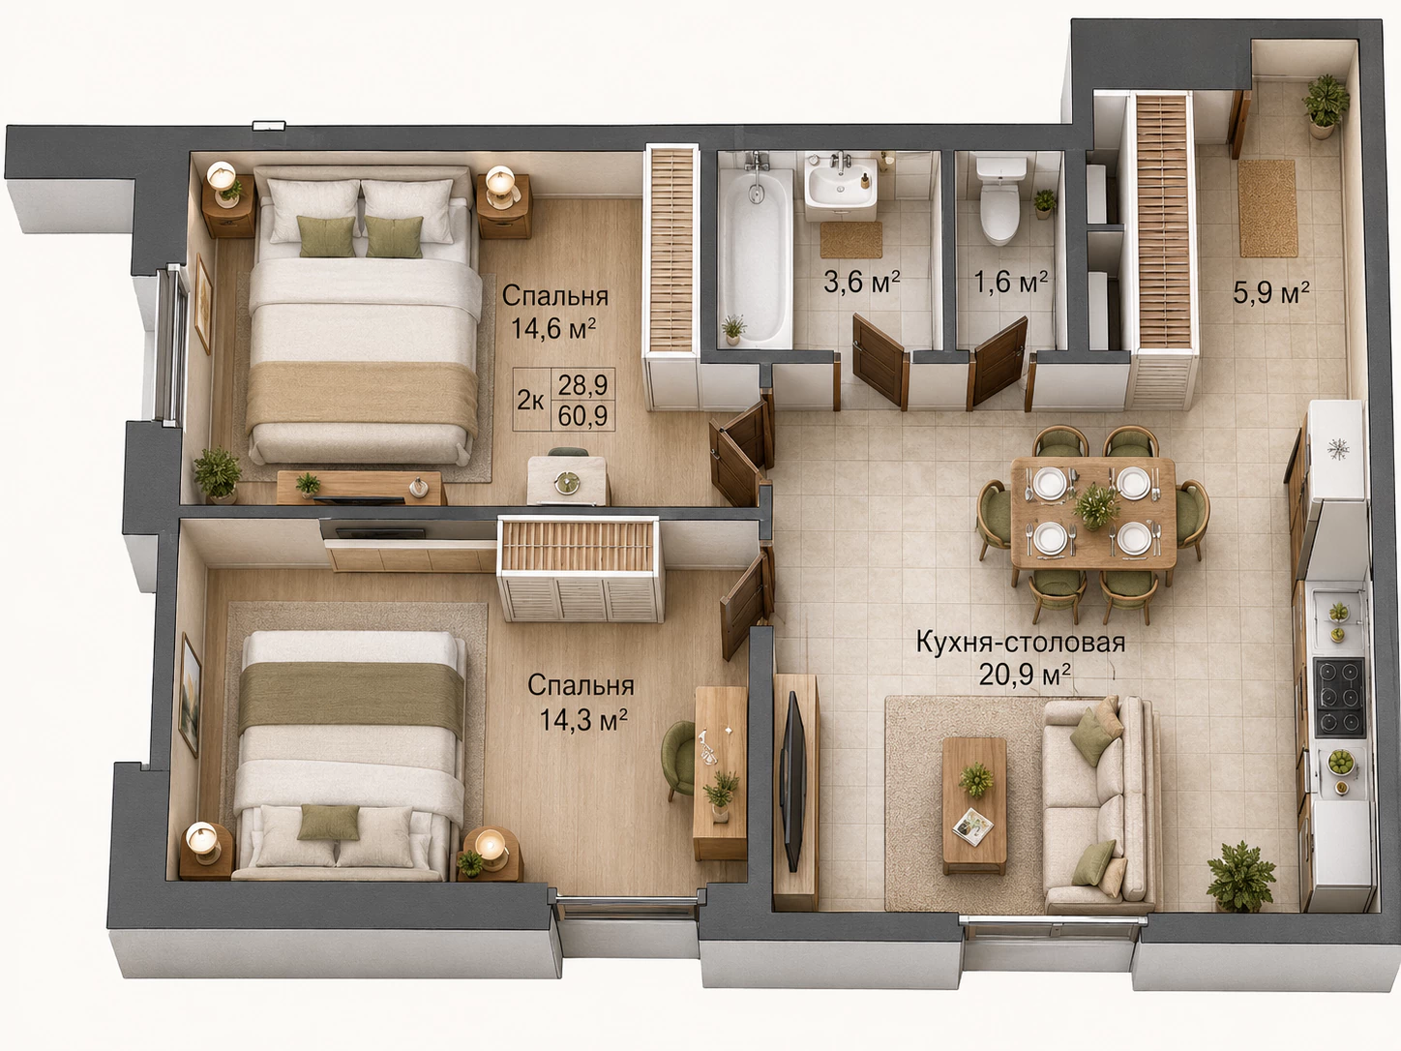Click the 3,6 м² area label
click(x=862, y=282)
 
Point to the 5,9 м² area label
click(x=1270, y=292)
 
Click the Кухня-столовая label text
click(x=1021, y=642)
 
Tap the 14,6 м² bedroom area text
click(x=553, y=329)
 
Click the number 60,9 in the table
click(x=582, y=416)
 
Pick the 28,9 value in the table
click(x=582, y=385)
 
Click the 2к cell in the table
click(x=530, y=401)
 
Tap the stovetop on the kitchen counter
click(x=1340, y=698)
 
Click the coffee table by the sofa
click(x=974, y=806)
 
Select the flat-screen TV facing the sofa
click(x=792, y=781)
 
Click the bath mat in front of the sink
click(x=850, y=240)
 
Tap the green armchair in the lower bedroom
click(x=679, y=759)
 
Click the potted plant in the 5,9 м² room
click(x=1326, y=105)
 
